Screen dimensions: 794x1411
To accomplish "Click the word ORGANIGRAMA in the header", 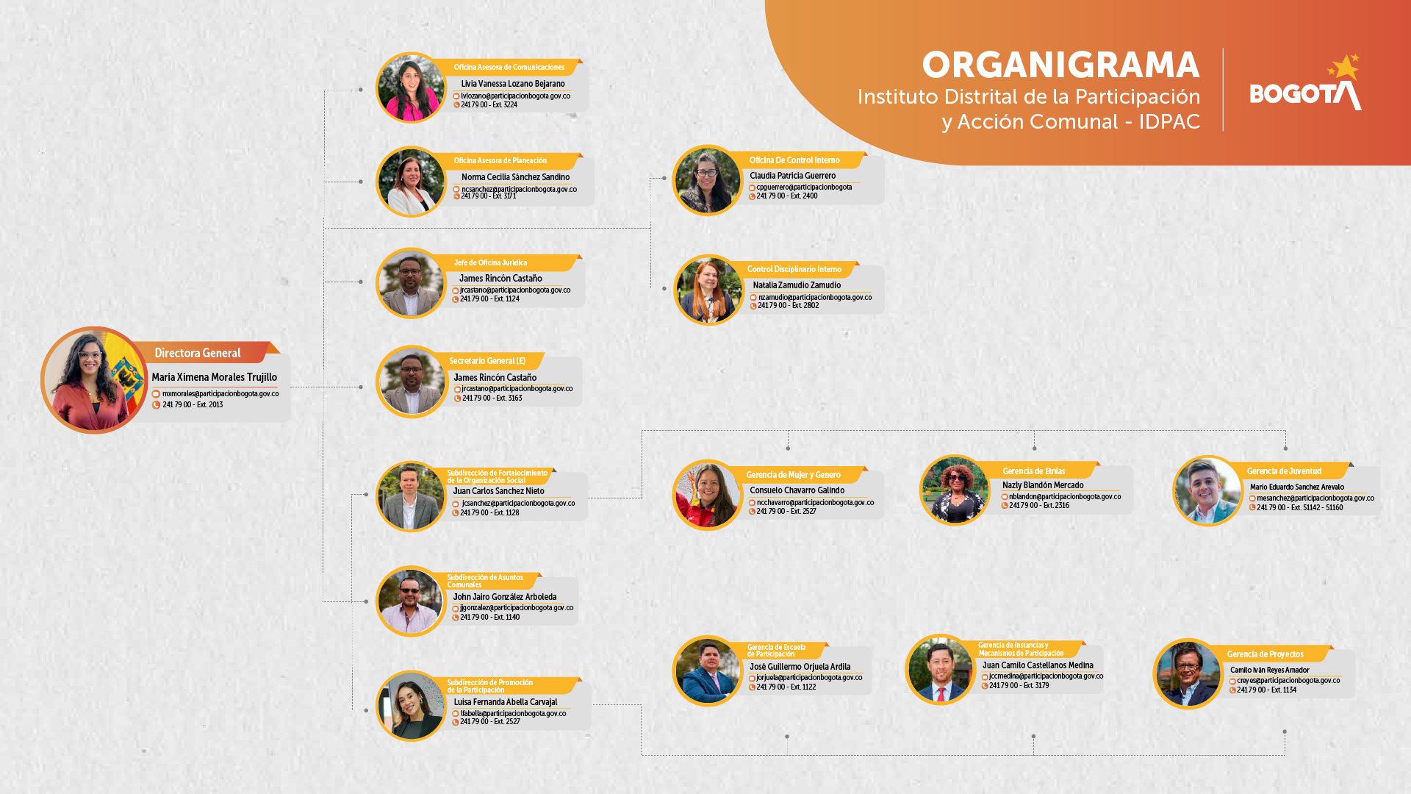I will coord(1060,65).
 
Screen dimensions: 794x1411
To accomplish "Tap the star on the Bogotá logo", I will coord(1345,67).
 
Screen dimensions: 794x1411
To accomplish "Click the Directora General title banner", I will coord(198,354).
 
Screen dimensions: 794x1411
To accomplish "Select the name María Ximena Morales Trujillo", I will coord(214,377).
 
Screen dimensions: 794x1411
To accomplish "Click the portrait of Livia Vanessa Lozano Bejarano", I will coord(411,87).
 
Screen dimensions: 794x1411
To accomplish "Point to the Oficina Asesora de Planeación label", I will coord(500,161).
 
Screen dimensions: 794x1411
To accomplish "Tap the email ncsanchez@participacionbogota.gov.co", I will coord(519,189).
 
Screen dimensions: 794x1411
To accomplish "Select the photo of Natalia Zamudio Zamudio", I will coord(708,290).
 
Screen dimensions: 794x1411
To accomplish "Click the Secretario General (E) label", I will coord(487,361).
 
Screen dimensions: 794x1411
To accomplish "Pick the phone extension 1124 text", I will coord(490,299).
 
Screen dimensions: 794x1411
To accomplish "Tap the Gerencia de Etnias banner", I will coord(1033,471).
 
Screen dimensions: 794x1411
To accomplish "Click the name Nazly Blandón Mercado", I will coord(1043,485).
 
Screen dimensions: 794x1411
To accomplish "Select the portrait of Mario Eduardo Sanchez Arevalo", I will coord(1207,491).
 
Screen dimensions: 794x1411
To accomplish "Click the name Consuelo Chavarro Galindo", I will coord(797,490).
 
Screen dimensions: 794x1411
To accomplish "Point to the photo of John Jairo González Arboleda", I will coord(411,601).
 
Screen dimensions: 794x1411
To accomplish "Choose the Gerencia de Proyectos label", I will coord(1265,654).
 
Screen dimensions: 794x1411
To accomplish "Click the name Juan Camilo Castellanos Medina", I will coord(1038,665).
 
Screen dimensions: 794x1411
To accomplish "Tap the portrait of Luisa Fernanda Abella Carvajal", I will coord(411,706).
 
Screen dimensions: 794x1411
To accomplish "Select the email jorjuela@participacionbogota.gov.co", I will coord(809,678).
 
